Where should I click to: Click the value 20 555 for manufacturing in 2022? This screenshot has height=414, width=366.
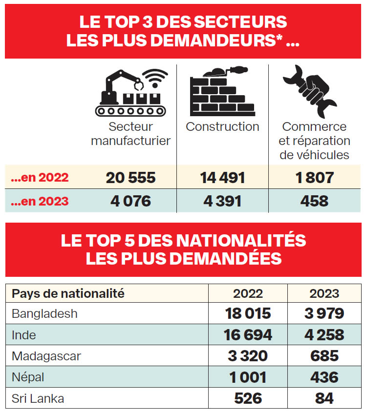(130, 178)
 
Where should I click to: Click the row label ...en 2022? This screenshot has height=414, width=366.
(40, 178)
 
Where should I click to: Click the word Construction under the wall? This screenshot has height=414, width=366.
(222, 127)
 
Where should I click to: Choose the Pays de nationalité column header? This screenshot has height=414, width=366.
(68, 293)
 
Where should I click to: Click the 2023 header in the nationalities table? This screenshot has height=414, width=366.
(324, 293)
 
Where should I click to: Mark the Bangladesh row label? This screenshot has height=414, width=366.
(44, 313)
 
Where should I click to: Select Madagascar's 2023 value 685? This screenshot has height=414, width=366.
(324, 356)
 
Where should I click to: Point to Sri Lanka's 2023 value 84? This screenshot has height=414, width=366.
(324, 398)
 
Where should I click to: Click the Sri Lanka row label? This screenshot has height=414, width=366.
(38, 398)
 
